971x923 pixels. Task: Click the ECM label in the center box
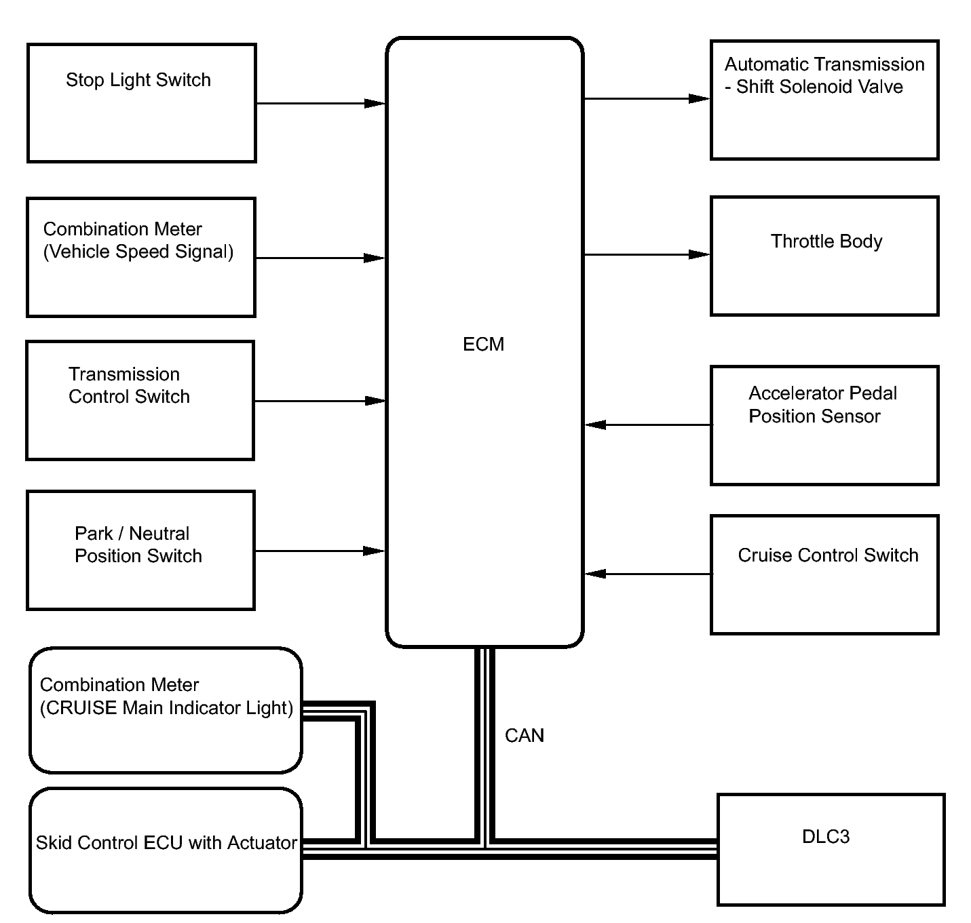pos(483,345)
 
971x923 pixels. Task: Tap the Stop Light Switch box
pos(142,102)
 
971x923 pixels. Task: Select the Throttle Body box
pos(824,256)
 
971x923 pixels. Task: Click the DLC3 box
pos(831,849)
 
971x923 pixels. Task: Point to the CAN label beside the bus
pos(524,735)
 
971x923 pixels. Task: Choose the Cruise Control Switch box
pos(824,575)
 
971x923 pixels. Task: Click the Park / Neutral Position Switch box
pos(140,551)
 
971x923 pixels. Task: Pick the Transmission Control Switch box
pos(140,401)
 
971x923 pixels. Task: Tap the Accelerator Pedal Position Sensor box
pos(824,426)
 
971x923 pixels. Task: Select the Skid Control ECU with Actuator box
pos(166,850)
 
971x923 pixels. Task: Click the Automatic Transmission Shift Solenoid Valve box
pos(824,100)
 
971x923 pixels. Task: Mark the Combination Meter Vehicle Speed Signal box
pos(141,257)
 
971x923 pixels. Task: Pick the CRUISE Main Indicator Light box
pos(166,710)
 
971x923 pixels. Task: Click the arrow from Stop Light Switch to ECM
pos(321,103)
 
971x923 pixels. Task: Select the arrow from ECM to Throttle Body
pos(647,254)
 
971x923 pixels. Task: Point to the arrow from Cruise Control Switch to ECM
pos(648,574)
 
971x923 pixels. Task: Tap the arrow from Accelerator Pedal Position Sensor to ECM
pos(648,425)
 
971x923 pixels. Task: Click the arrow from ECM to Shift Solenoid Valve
pos(647,99)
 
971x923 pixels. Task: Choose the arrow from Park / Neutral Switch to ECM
pos(320,551)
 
